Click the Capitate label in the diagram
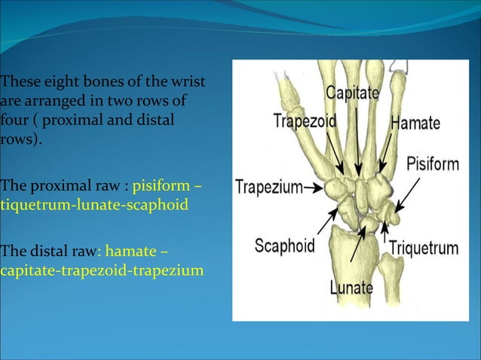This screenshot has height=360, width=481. [x=353, y=95]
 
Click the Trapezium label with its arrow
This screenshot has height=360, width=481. [x=268, y=185]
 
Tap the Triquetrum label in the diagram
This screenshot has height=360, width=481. [x=423, y=248]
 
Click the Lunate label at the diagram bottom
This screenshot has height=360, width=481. [x=351, y=287]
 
